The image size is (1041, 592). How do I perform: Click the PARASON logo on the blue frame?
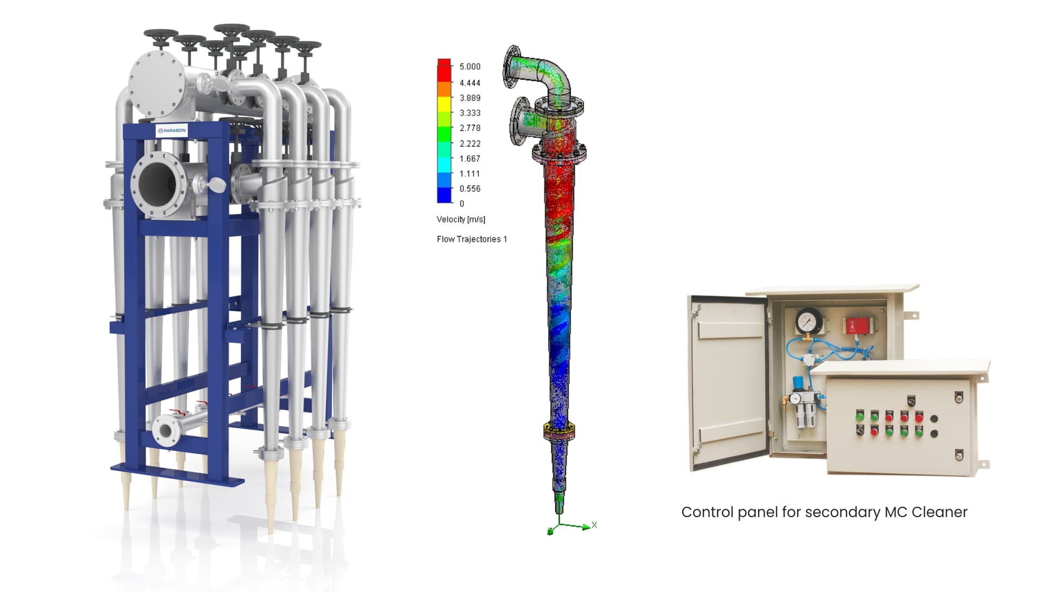tap(171, 131)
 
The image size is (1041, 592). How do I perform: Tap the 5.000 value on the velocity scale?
tap(470, 67)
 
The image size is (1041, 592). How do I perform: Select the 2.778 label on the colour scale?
tap(470, 128)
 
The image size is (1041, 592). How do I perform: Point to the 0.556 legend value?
tap(470, 189)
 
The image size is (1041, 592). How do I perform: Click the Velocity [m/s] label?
tap(461, 219)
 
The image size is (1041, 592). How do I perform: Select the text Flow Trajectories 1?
tap(472, 239)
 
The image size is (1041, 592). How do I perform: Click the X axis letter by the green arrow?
tap(594, 525)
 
